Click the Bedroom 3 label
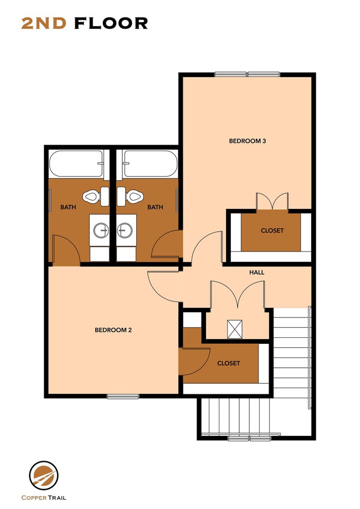click(x=248, y=141)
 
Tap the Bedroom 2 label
click(x=113, y=330)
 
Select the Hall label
click(x=256, y=273)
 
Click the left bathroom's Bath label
click(x=68, y=208)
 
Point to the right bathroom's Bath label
click(x=155, y=208)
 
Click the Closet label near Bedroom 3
click(x=272, y=230)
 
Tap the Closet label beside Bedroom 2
click(x=229, y=363)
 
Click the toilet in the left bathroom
click(x=91, y=195)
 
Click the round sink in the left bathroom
click(x=100, y=230)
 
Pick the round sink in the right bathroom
click(x=125, y=230)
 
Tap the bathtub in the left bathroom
click(x=76, y=164)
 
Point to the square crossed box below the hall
click(x=235, y=329)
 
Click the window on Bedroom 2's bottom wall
click(x=123, y=397)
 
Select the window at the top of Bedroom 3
click(x=247, y=74)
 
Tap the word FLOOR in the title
click(x=111, y=23)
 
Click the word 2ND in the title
click(x=45, y=23)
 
